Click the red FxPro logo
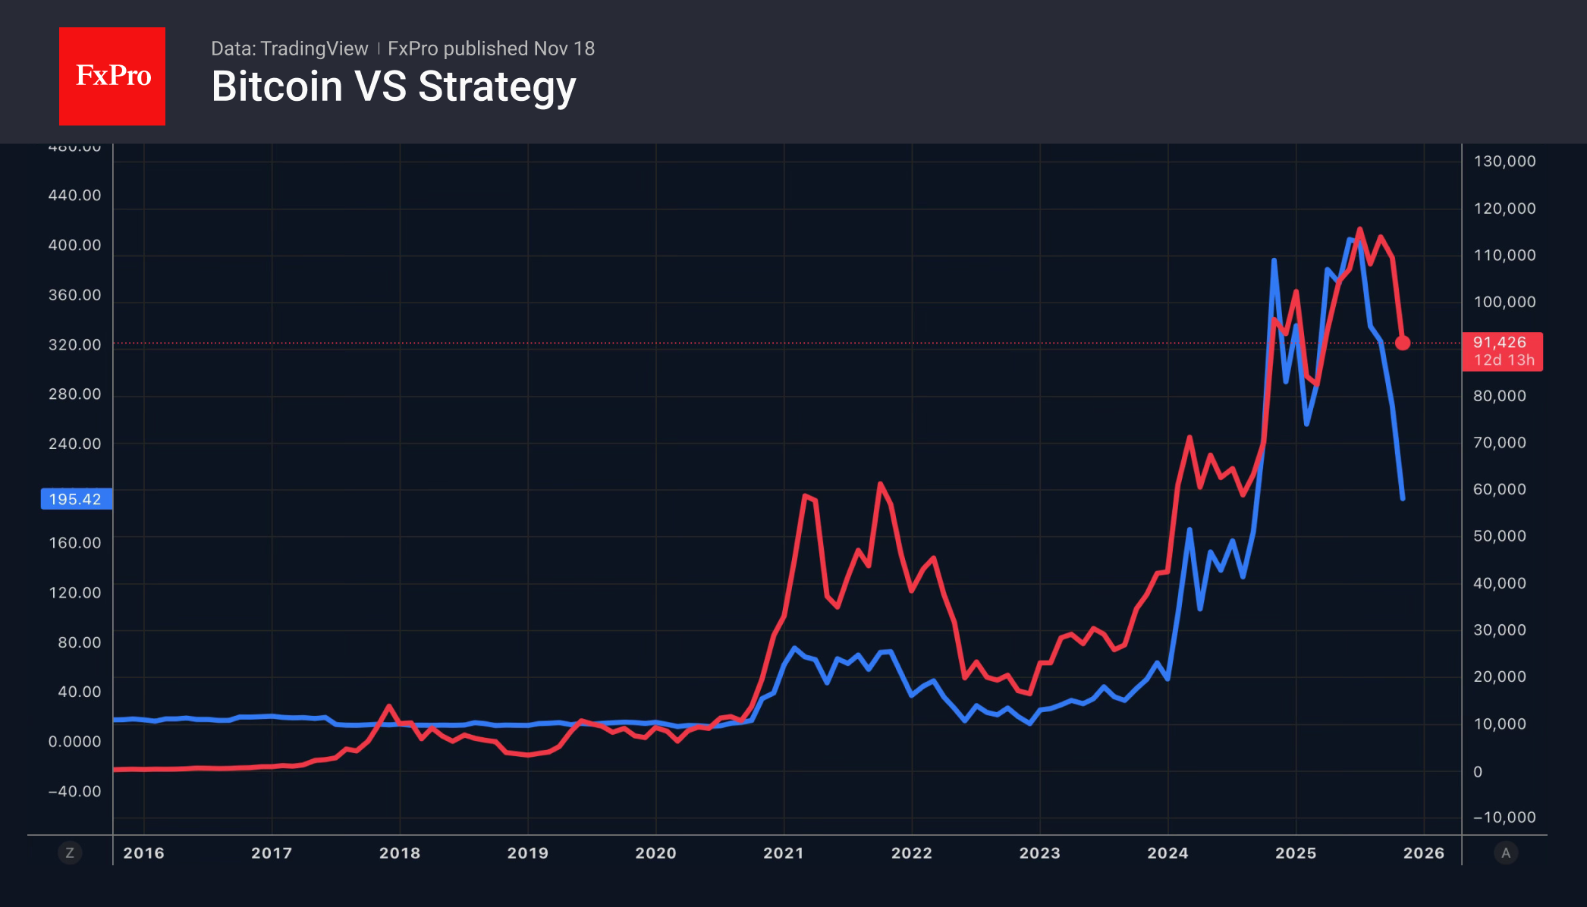pos(112,76)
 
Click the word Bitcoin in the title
pos(277,86)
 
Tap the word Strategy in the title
pos(497,86)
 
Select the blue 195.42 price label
pos(75,499)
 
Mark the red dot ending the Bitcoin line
pos(1403,343)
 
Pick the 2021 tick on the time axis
pos(784,853)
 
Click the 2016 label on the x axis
pos(143,853)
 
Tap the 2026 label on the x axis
pos(1424,853)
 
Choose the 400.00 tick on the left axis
pos(74,245)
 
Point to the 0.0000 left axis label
pos(74,742)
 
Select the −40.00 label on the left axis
pos(74,791)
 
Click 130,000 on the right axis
pos(1504,161)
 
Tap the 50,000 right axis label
pos(1499,536)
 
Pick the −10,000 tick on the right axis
pos(1504,817)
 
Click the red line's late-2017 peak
pos(389,706)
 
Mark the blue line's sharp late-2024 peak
pos(1274,261)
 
